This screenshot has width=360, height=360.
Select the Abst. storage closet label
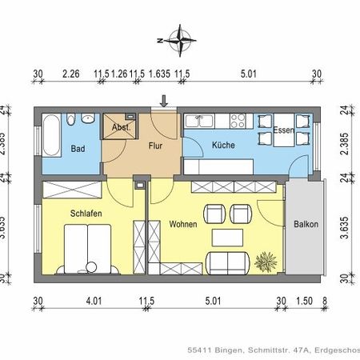click(121, 127)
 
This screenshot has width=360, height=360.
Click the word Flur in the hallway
click(155, 146)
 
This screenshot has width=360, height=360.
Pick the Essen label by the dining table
click(283, 130)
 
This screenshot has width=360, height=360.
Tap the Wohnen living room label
click(183, 226)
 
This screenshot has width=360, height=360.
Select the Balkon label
click(305, 225)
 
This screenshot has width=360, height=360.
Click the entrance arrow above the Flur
click(164, 101)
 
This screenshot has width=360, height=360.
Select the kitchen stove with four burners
click(238, 122)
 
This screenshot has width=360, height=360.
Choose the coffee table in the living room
click(226, 238)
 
